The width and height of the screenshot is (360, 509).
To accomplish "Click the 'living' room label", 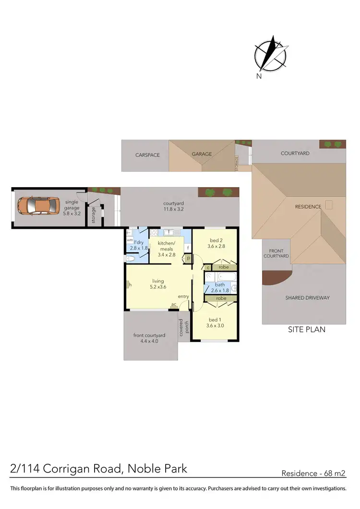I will [158, 284].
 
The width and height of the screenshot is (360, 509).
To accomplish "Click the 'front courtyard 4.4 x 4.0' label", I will [149, 338].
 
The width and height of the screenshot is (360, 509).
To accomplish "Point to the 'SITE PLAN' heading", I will [306, 330].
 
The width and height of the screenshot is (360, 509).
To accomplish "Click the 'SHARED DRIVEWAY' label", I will [308, 298].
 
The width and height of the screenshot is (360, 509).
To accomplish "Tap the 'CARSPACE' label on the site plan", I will [147, 154].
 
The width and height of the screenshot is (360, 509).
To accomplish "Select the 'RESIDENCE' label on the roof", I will [308, 207].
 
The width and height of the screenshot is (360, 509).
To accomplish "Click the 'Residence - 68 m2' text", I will [313, 473].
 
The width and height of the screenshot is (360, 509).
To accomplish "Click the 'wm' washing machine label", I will [130, 240].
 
